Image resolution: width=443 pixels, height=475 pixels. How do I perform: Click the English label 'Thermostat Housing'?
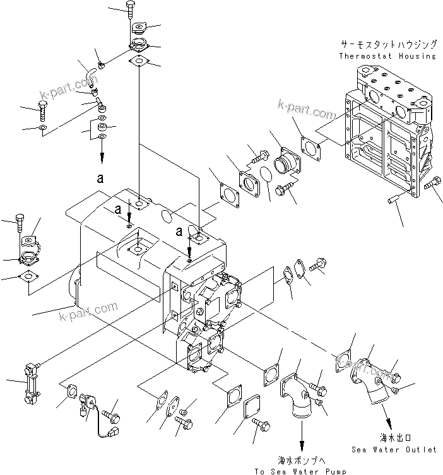pos(387,56)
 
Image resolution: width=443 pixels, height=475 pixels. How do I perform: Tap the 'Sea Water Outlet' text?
pos(394,450)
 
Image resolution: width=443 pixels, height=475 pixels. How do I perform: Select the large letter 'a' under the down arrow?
pos(100,179)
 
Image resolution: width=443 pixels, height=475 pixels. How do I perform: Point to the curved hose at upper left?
pos(87,73)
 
